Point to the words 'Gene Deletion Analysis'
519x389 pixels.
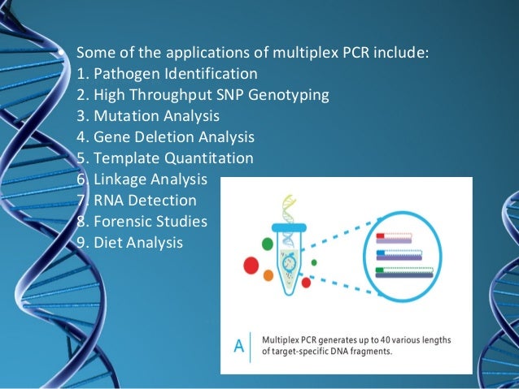[173, 137]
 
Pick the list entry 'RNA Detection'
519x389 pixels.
[145, 200]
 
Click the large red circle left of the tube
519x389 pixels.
[251, 265]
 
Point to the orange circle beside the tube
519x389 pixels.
[268, 276]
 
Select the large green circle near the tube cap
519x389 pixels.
[267, 243]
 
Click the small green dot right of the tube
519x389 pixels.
[314, 262]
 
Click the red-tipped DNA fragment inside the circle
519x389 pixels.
[394, 238]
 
